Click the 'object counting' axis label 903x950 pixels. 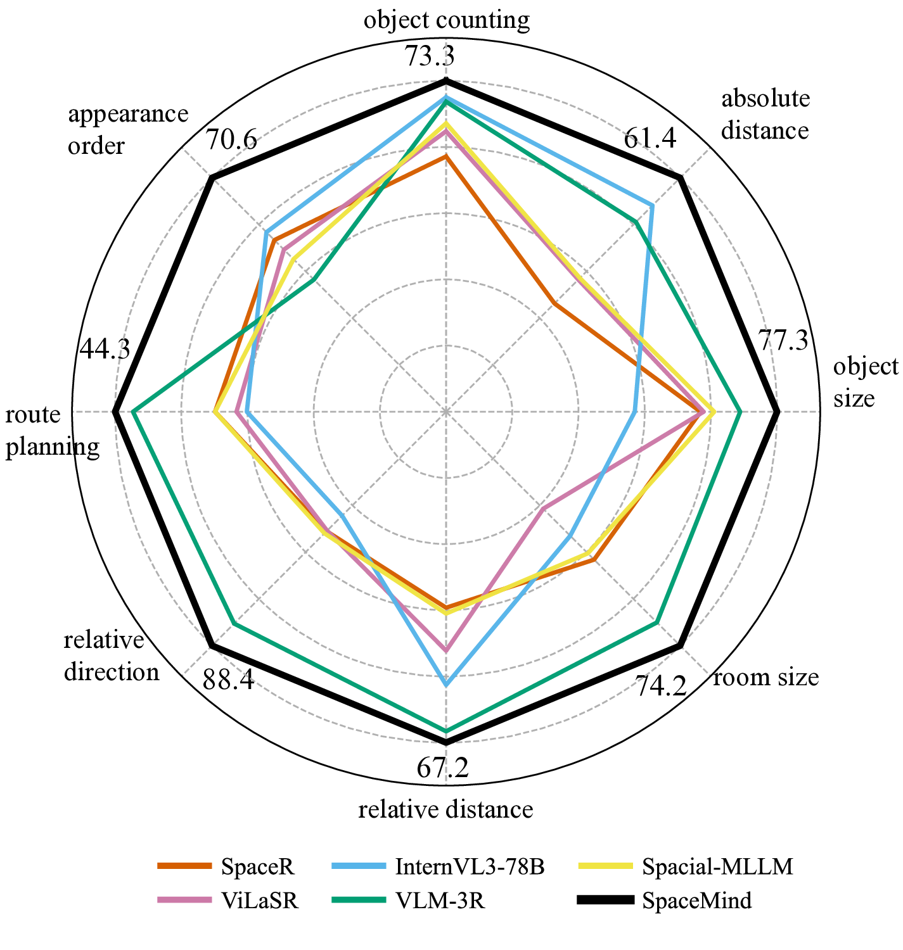point(446,21)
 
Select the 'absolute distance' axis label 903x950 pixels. point(765,115)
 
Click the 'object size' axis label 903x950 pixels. point(865,383)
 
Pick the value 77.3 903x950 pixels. point(783,342)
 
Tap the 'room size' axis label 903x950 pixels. point(766,678)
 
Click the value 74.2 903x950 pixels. point(661,686)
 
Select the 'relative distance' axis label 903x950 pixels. point(446,809)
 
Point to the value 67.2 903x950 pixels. point(443,768)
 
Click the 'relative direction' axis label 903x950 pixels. point(112,656)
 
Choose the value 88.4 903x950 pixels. point(228,681)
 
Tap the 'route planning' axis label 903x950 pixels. point(52,431)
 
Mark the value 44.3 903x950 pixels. point(105,349)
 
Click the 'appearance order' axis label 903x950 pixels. point(128,130)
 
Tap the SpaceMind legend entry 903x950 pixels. point(696,899)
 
